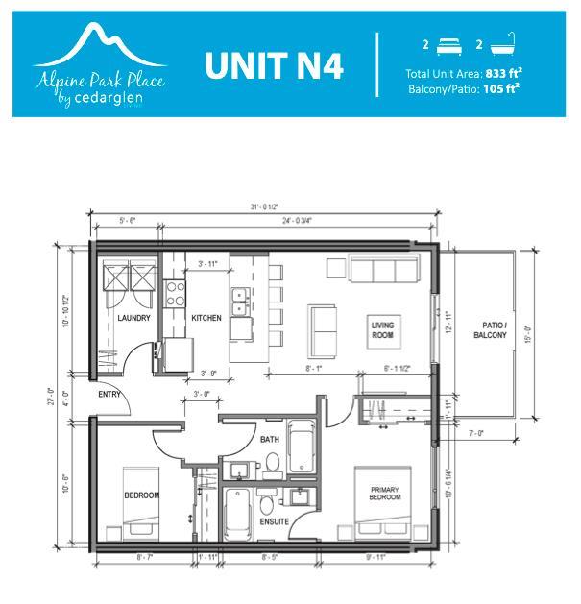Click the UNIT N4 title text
coord(274,66)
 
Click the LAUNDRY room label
coord(133,318)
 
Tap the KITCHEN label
coord(206,318)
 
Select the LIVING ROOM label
coord(383,331)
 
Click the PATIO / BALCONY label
coord(491,331)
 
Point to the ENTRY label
coord(109,394)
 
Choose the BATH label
coord(268,440)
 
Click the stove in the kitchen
coord(176,292)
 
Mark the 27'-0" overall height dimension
coord(63,393)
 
